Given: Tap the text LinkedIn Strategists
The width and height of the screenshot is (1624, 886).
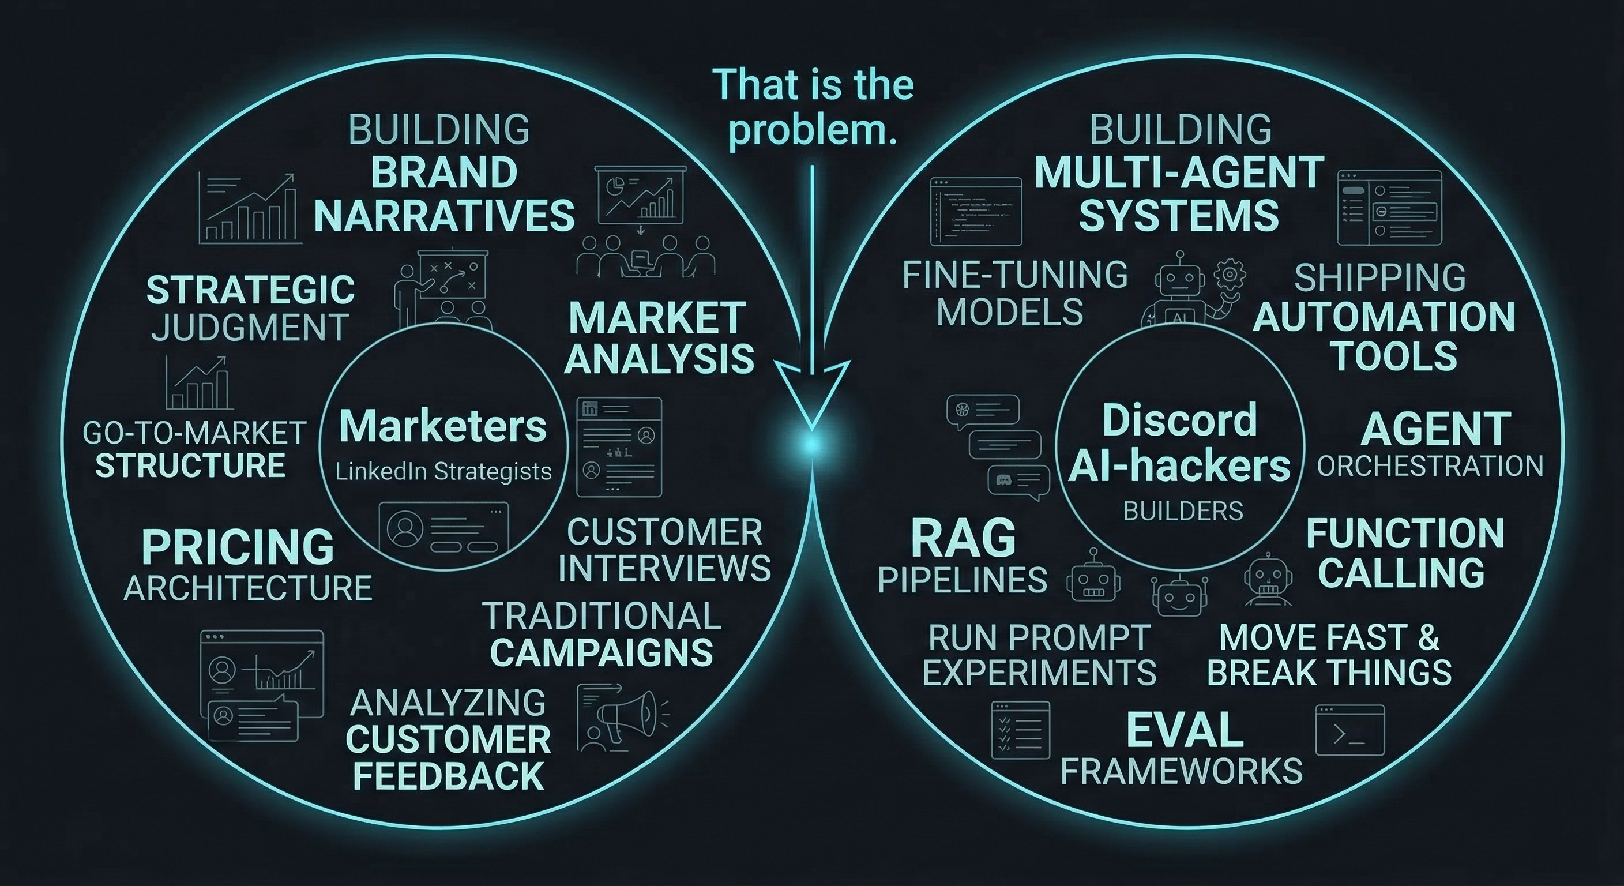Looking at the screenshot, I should [443, 471].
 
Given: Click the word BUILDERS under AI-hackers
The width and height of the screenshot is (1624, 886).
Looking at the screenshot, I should [1183, 511].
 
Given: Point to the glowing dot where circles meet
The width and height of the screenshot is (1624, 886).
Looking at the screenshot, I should [812, 445].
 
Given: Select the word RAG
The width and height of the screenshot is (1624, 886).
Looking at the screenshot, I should [963, 539].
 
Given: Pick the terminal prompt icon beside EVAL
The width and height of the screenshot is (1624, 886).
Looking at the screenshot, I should [1349, 731].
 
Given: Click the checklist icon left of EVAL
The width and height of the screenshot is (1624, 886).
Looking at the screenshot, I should [1020, 730].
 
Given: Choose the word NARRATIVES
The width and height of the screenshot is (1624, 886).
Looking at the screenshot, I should [444, 215].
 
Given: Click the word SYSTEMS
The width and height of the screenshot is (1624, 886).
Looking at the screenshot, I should [1179, 215].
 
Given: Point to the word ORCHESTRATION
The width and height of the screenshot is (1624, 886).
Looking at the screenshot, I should [1430, 466].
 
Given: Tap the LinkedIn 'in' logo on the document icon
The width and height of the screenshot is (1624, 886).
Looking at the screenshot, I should [590, 408].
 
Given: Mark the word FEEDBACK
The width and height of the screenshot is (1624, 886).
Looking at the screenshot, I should [448, 776].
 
